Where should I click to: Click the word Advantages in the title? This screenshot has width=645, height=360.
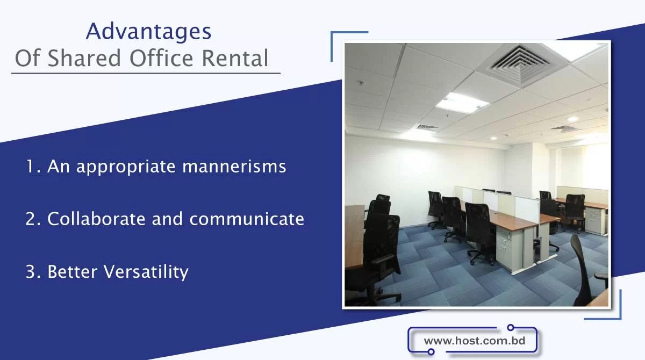coord(148,32)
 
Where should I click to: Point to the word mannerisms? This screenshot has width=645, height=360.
coord(234,167)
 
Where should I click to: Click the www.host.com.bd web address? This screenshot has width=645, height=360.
coord(474,341)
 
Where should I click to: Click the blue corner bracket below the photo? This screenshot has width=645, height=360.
coord(607,309)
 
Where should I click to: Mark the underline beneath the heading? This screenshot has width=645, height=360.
coord(146,73)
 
